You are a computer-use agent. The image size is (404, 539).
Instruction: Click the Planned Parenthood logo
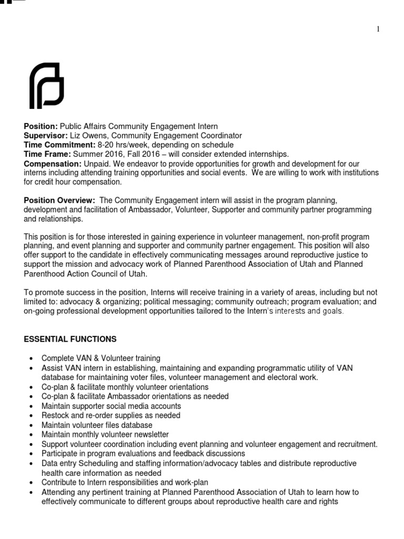(46, 86)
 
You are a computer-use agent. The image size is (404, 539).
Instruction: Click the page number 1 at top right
(392, 29)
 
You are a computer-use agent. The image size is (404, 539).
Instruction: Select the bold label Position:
(41, 127)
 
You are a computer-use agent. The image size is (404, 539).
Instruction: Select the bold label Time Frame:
(46, 154)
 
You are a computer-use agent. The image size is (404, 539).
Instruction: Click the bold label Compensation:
(52, 164)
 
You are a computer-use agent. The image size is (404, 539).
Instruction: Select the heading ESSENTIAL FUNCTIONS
(70, 339)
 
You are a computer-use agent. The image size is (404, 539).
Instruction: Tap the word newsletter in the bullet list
(150, 434)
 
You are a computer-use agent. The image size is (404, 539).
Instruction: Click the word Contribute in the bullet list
(60, 482)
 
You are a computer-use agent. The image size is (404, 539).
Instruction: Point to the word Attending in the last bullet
(58, 492)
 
